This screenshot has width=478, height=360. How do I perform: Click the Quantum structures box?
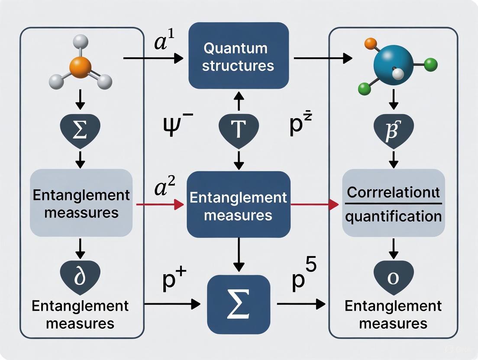pyautogui.click(x=239, y=56)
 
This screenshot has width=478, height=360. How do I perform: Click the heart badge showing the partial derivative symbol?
pyautogui.click(x=81, y=277)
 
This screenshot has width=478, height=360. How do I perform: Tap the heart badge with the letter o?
pyautogui.click(x=393, y=277)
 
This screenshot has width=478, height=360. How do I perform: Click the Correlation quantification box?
pyautogui.click(x=393, y=203)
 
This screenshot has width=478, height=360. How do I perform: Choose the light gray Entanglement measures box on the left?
pyautogui.click(x=81, y=203)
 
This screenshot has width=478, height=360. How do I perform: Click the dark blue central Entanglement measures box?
pyautogui.click(x=239, y=203)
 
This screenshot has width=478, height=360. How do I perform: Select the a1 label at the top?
pyautogui.click(x=165, y=43)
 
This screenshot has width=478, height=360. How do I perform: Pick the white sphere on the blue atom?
pyautogui.click(x=397, y=74)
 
